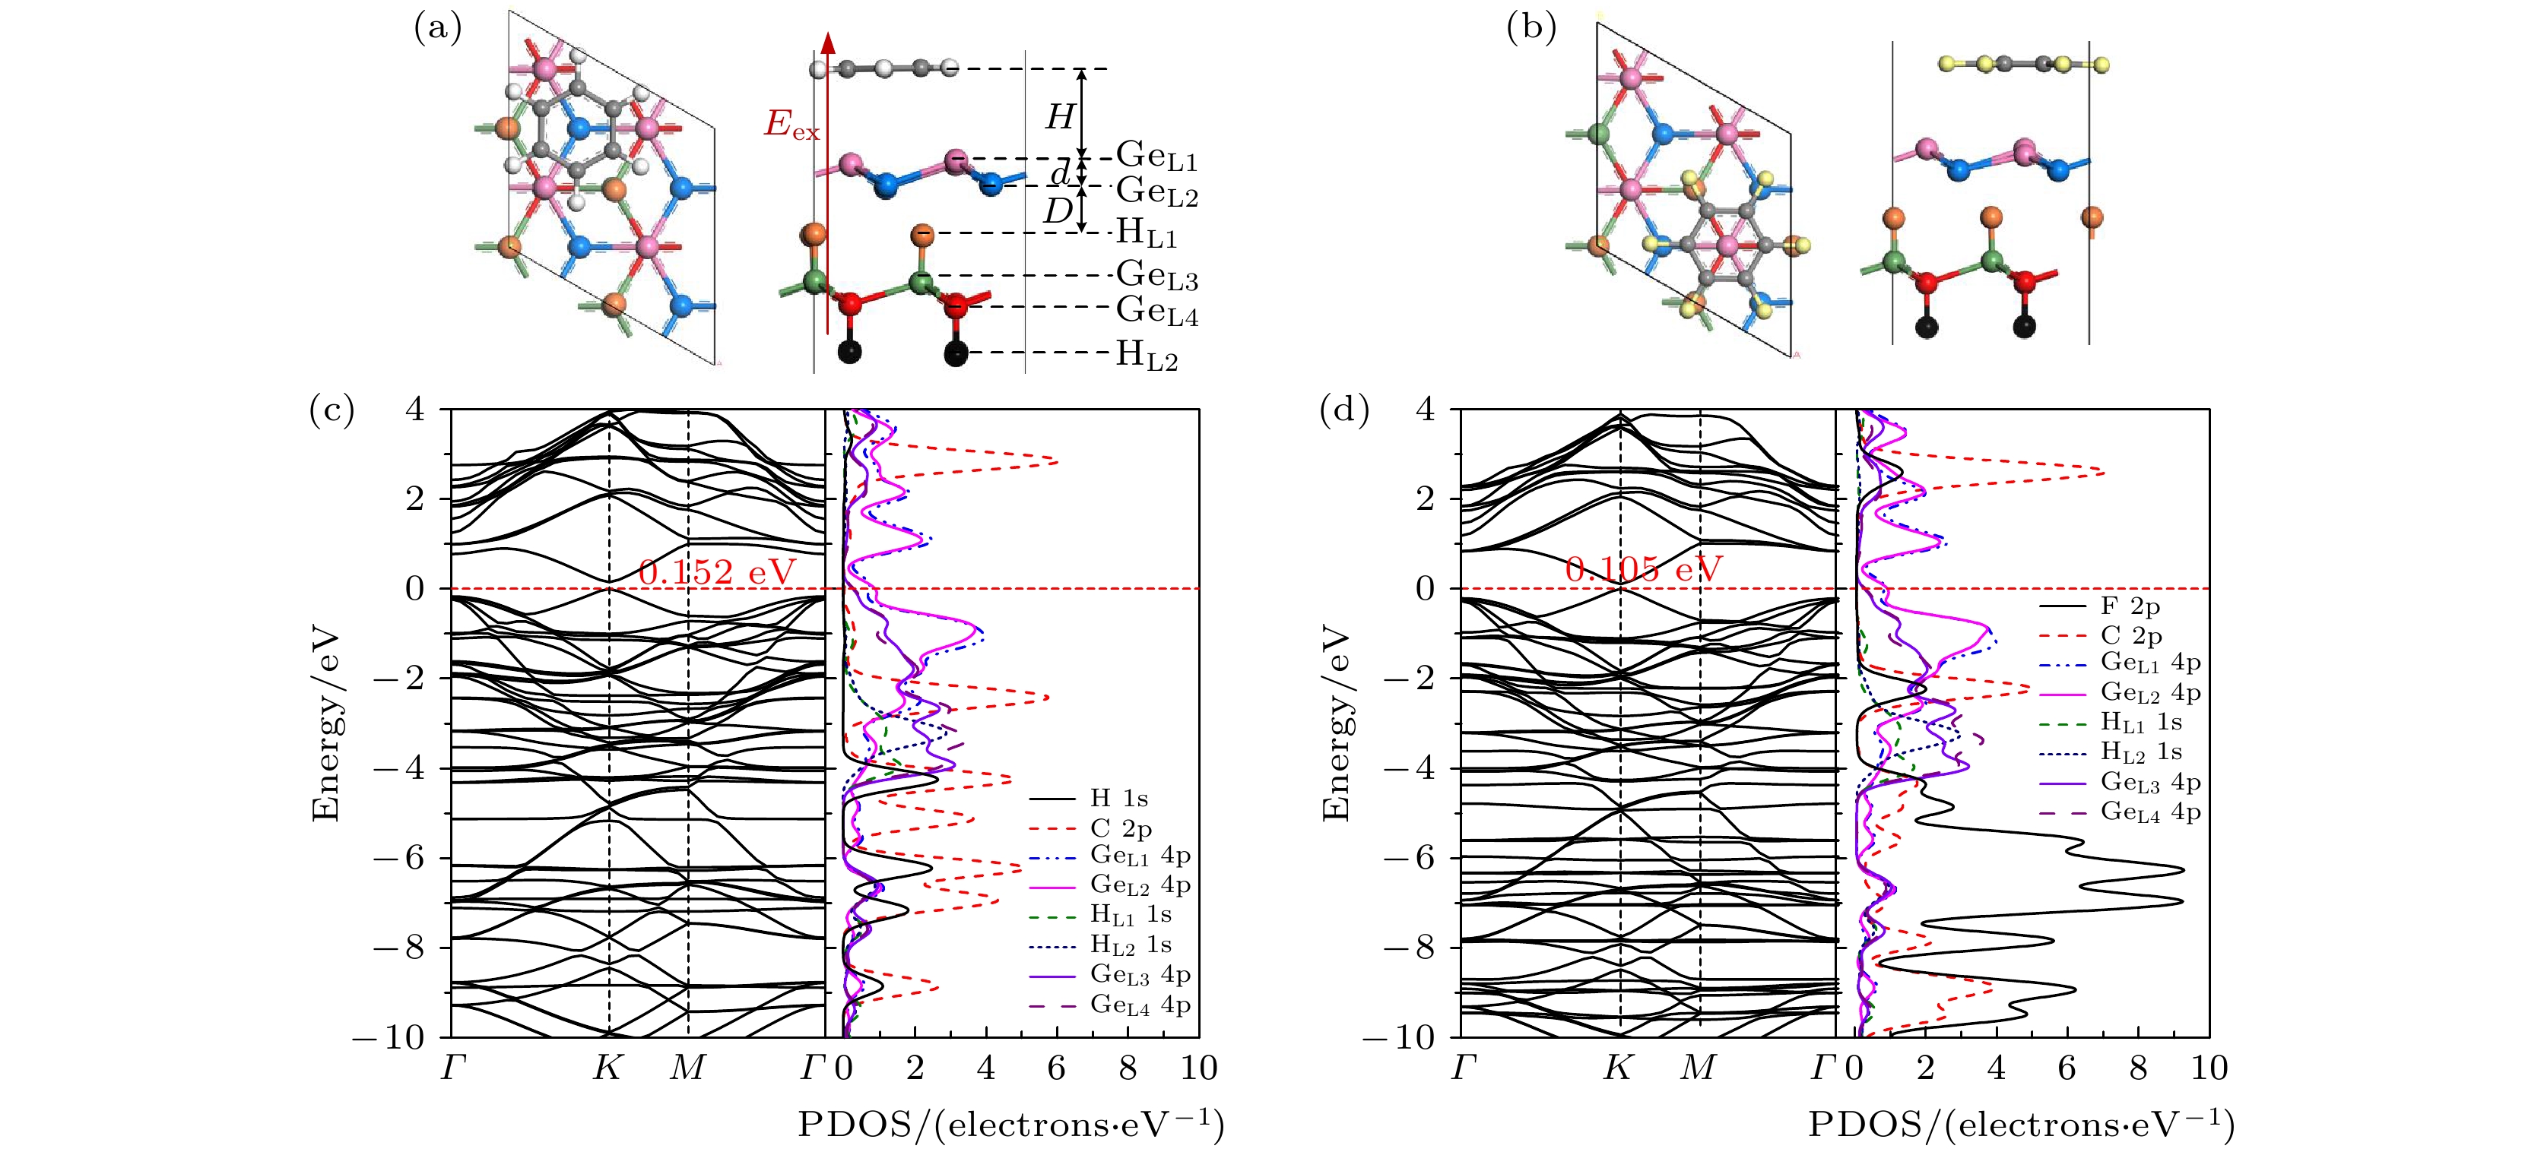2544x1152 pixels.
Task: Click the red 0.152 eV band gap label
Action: [717, 572]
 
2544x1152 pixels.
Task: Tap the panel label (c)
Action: [331, 410]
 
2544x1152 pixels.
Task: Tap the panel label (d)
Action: [1344, 410]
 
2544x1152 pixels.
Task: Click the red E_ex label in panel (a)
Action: [791, 125]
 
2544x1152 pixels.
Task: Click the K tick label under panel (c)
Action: [607, 1068]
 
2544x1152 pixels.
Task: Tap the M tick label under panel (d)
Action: [1699, 1068]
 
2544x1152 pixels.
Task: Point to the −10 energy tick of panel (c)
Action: [398, 1037]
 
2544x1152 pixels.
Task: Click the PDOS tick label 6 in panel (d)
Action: [2068, 1068]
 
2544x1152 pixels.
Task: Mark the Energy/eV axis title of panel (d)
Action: [1335, 723]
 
